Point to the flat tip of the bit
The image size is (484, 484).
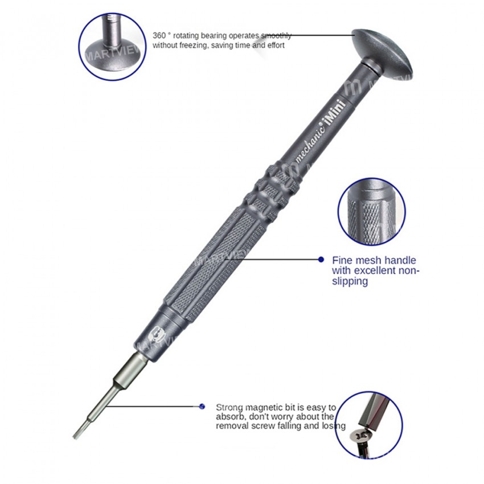pos(76,433)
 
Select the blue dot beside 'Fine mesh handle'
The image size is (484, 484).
pos(321,260)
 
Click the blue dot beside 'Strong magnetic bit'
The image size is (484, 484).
pos(202,407)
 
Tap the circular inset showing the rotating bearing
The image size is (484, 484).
pos(112,47)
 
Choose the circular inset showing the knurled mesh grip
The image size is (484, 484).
pos(371,211)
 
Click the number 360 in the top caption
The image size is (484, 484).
pos(159,36)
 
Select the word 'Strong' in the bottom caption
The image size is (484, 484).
pos(228,408)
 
